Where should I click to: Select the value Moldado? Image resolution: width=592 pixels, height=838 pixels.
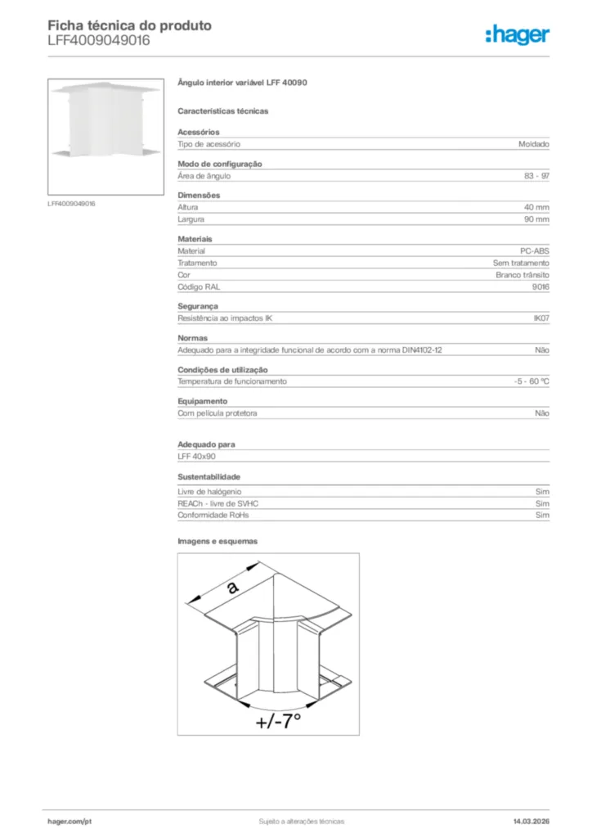533,144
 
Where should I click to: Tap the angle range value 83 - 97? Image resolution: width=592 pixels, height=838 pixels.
536,176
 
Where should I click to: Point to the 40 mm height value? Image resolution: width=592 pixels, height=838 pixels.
536,208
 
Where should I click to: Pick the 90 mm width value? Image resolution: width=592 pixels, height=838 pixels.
536,219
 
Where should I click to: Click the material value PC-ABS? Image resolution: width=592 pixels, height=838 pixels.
535,251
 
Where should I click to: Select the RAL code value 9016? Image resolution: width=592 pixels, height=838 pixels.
540,287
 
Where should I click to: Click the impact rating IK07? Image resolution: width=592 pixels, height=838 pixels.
540,318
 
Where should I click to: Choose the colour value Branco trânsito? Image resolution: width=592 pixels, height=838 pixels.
522,275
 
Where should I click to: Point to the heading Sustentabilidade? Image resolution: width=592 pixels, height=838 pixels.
209,476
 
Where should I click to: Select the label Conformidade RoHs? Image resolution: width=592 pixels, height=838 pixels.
213,516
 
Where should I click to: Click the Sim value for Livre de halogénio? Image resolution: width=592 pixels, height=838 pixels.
542,492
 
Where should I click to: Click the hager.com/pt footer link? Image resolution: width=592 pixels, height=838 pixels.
70,820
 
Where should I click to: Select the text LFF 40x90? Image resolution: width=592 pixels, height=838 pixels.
196,456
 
